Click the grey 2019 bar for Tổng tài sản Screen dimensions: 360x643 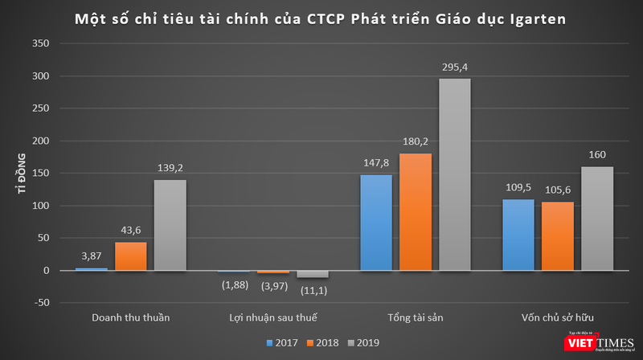coord(455,174)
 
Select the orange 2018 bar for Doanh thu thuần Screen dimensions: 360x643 coord(130,256)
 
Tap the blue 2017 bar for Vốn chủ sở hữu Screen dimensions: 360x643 coord(518,235)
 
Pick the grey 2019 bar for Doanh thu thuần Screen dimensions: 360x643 coord(170,225)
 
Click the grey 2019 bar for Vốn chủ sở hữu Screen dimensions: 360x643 coord(597,219)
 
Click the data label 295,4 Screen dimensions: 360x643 coord(456,68)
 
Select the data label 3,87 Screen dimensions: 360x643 coord(92,256)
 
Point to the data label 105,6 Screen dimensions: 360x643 coord(558,191)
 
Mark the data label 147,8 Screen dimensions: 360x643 coord(376,164)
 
